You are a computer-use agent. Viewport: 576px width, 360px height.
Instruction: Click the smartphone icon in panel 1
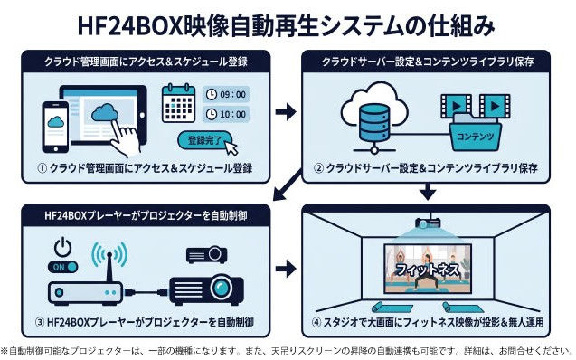pos(56,127)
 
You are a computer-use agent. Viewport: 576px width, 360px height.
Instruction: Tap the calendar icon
pos(178,104)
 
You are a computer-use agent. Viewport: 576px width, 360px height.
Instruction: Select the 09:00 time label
pos(226,95)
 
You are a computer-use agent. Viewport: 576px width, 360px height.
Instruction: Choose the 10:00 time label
pos(226,114)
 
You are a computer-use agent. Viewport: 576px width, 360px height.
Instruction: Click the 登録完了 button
pos(205,140)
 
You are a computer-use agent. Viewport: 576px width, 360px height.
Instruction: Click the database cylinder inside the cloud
pos(374,123)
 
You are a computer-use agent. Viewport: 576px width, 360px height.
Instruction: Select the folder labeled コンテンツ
pos(475,132)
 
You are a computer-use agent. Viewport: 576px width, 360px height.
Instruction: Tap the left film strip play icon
pos(457,106)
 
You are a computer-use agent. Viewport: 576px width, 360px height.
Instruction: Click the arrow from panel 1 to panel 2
pos(286,111)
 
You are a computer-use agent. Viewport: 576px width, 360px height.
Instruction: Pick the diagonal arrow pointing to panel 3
pos(288,185)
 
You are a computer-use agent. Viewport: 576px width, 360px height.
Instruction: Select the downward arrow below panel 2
pos(428,192)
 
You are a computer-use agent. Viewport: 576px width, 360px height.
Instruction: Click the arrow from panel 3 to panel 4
pos(286,269)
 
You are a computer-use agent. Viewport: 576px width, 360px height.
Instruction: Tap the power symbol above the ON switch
pos(62,247)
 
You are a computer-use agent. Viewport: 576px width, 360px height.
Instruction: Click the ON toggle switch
pos(62,267)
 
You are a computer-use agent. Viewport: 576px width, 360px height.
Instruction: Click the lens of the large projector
pos(221,287)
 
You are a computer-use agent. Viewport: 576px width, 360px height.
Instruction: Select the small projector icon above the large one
pos(206,254)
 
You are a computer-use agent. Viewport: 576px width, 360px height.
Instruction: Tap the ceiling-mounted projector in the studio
pos(428,222)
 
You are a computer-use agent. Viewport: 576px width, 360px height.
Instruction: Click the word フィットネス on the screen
pos(428,270)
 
